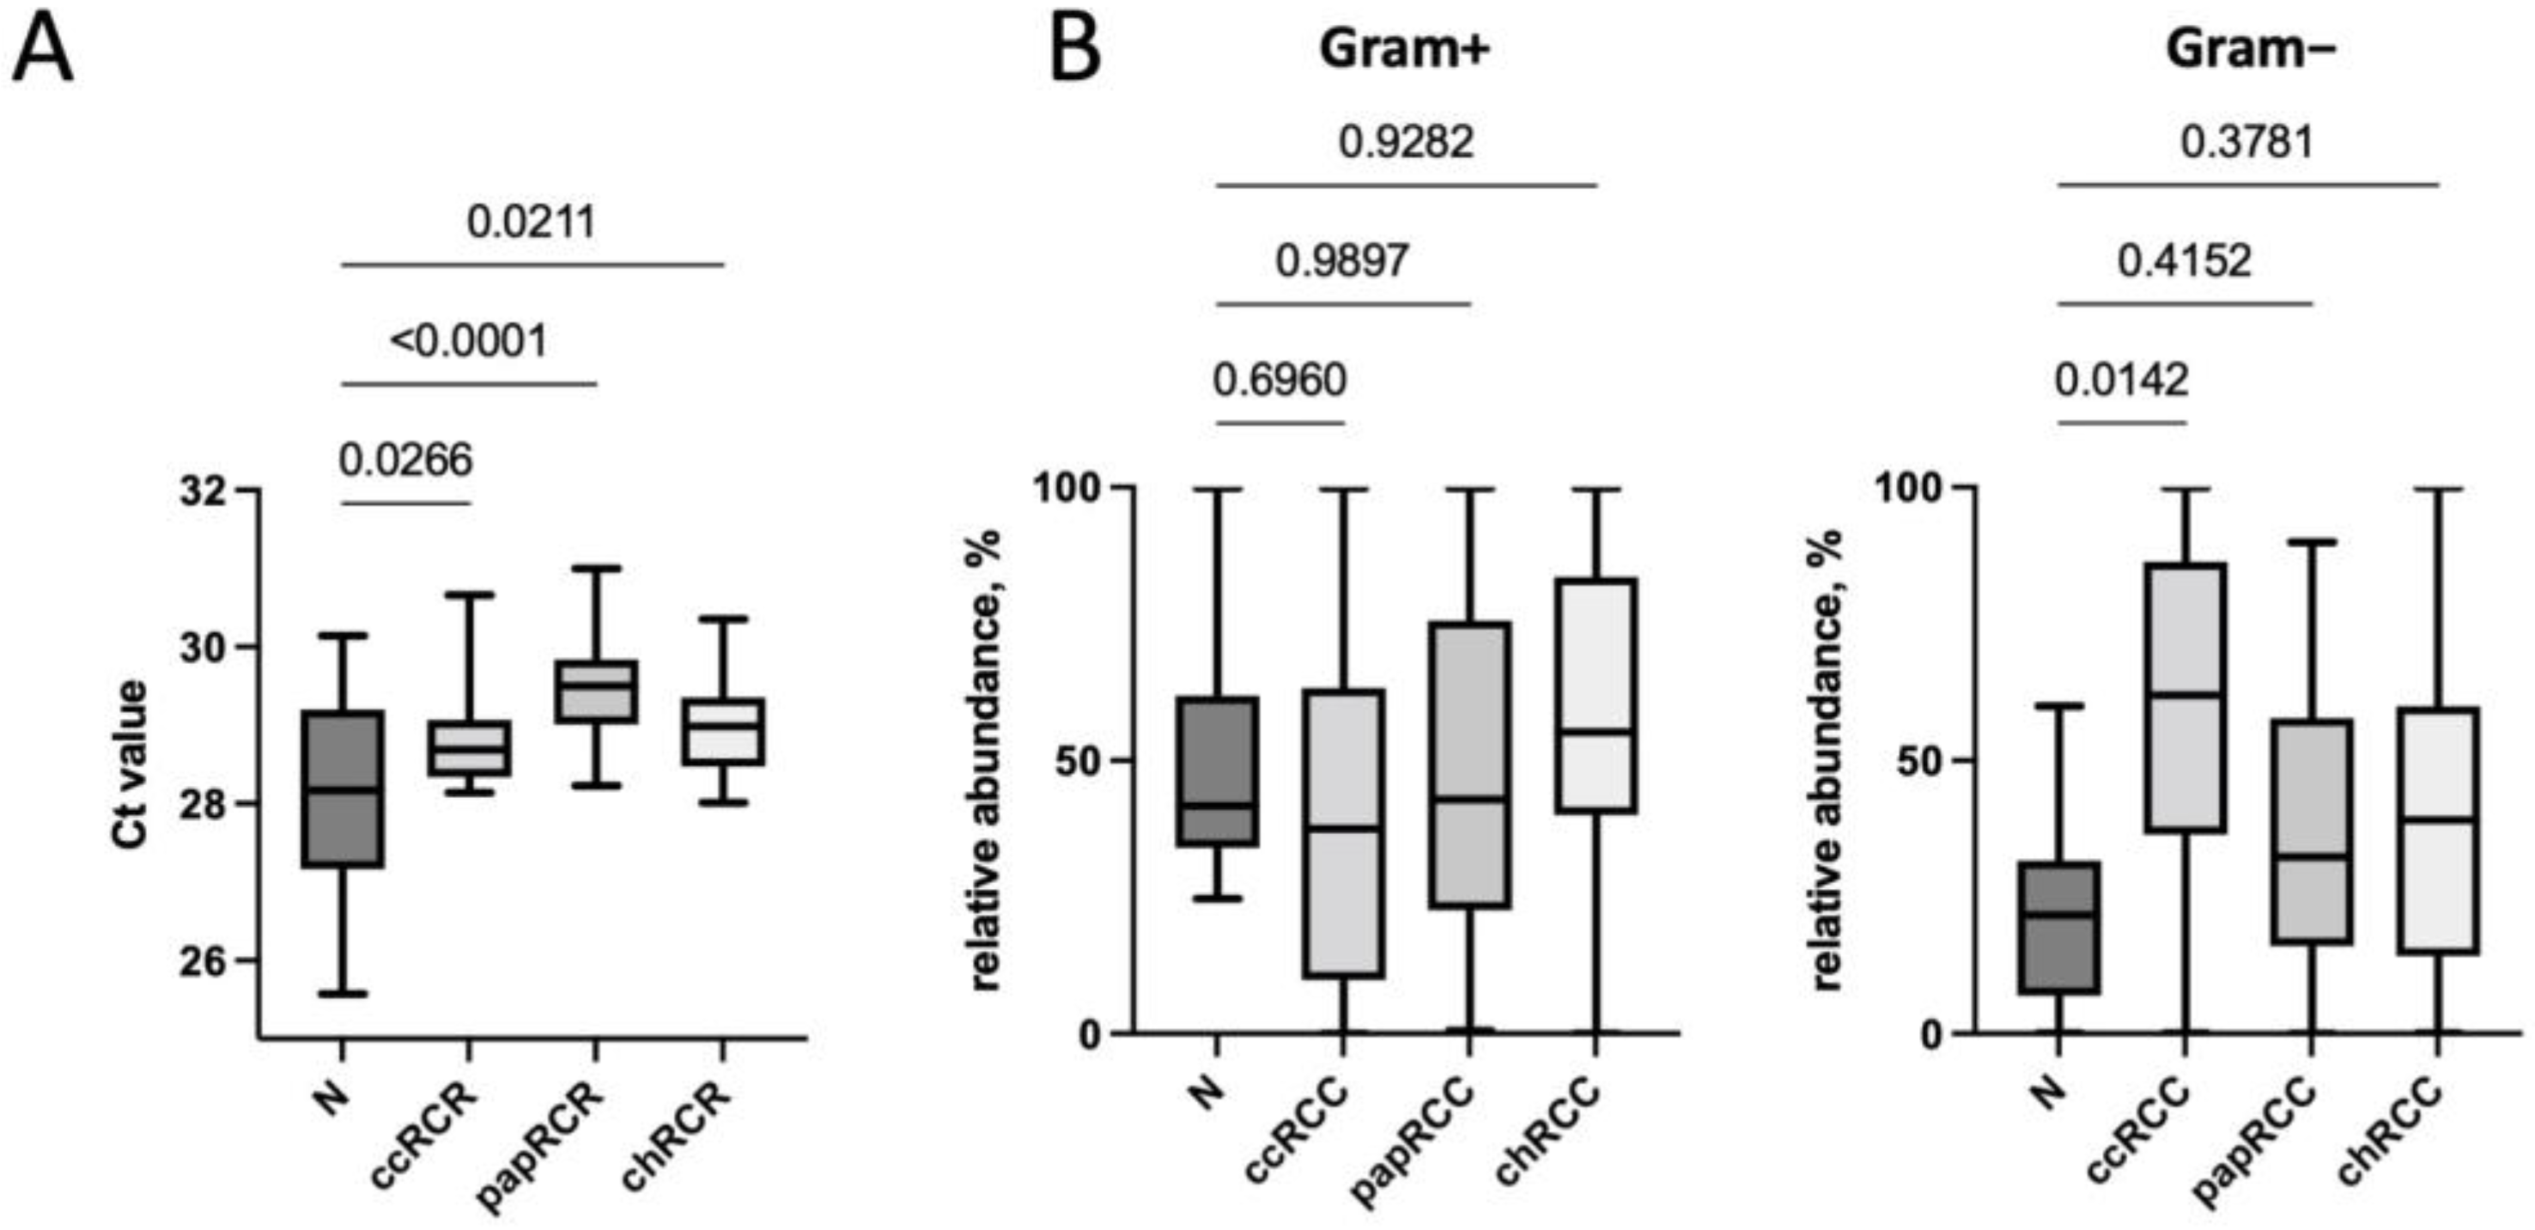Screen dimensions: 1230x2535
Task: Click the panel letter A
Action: point(42,52)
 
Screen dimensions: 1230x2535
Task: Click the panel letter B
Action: point(1074,52)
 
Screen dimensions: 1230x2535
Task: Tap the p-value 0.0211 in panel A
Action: point(532,222)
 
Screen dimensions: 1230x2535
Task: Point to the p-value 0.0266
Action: point(405,460)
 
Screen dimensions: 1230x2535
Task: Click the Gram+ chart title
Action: point(1404,49)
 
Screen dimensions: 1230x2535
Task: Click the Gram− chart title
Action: point(2251,49)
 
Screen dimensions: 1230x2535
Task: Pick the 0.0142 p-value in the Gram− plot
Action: point(2122,380)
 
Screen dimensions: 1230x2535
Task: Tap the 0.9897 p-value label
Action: point(1342,261)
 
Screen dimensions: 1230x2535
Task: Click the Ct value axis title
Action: point(131,763)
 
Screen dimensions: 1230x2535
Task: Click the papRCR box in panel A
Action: point(595,691)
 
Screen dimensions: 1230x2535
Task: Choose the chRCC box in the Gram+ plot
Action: point(1596,695)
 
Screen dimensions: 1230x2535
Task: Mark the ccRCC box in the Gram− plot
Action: point(2185,697)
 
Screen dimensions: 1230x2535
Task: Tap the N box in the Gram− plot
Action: point(2058,927)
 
